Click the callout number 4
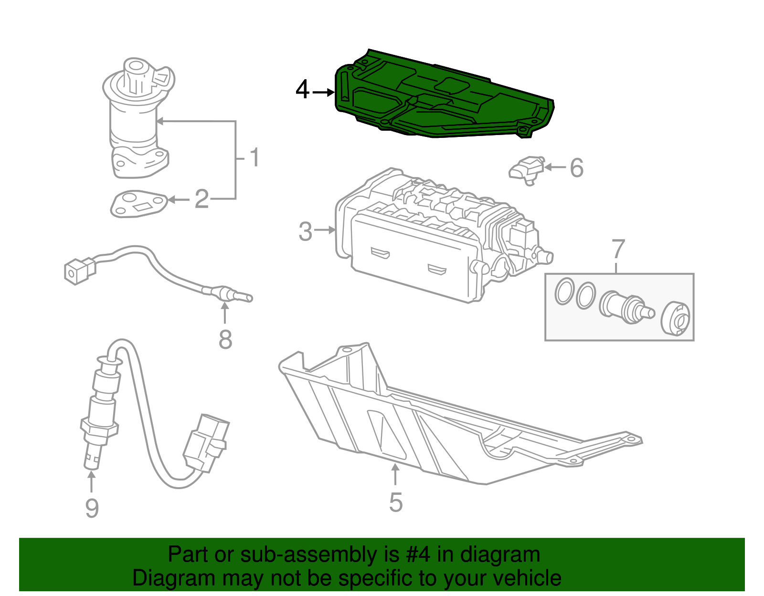point(302,90)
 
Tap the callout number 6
point(577,168)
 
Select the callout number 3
point(305,231)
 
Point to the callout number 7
point(618,249)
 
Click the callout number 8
point(225,340)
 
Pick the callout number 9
point(92,508)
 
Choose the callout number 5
point(396,502)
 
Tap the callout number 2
point(202,199)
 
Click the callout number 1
point(255,157)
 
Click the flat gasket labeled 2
point(138,204)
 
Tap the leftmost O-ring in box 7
point(564,291)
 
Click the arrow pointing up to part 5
point(395,475)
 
